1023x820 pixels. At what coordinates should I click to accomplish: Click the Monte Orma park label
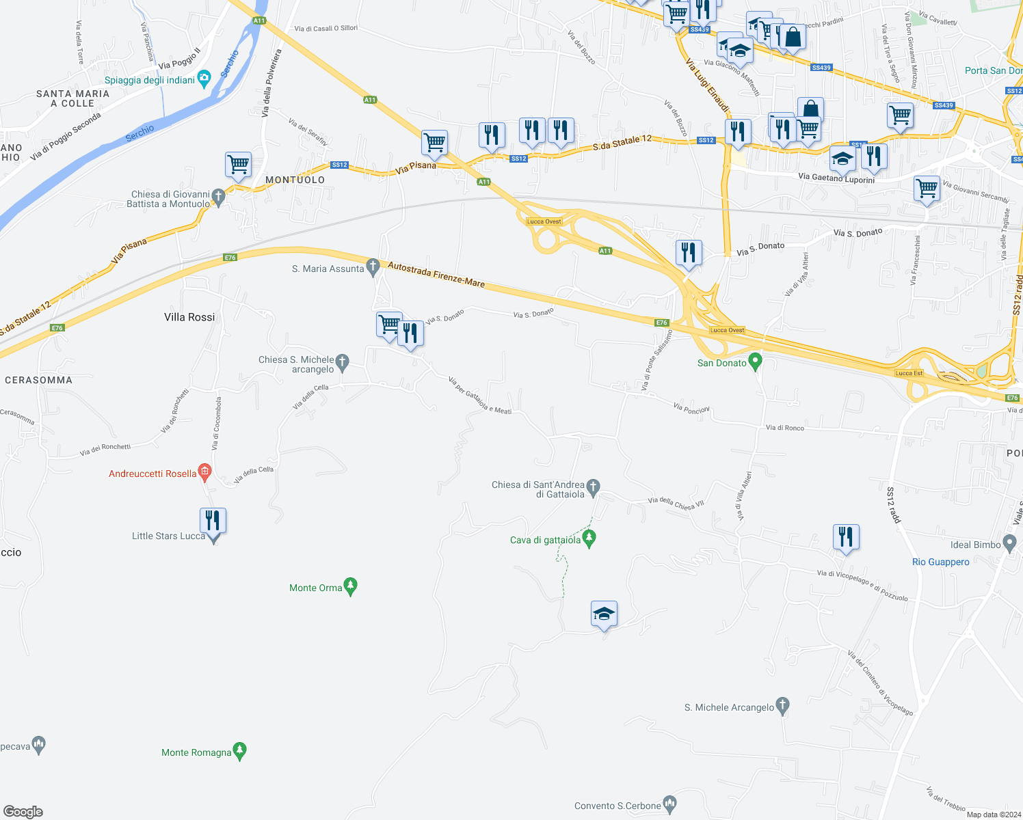(x=316, y=588)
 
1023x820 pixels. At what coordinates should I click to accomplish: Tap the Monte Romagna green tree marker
(x=239, y=752)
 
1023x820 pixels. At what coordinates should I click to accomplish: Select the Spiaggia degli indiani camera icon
(x=204, y=79)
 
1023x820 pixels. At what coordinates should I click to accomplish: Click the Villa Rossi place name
(x=189, y=317)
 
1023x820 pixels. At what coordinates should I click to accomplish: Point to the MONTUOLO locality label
(x=295, y=180)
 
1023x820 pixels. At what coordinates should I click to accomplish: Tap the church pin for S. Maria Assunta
(x=373, y=267)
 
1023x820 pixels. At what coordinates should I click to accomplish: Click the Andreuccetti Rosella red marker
(x=204, y=472)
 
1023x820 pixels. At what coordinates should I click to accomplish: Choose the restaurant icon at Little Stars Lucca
(x=213, y=521)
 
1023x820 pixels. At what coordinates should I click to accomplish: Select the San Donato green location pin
(x=755, y=361)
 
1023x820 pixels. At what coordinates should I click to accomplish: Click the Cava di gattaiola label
(x=545, y=540)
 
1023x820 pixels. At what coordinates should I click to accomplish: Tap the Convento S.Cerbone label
(x=617, y=806)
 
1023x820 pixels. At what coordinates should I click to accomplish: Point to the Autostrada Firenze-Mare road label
(x=436, y=273)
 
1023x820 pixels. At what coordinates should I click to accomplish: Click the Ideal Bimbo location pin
(x=1009, y=544)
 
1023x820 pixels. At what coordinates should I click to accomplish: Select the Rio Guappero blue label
(x=940, y=562)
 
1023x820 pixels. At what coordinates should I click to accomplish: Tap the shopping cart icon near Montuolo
(x=238, y=165)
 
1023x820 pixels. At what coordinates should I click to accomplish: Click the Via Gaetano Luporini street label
(x=836, y=178)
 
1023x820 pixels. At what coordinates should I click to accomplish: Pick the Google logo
(x=23, y=811)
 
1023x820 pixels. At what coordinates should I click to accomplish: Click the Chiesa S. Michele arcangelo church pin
(x=343, y=361)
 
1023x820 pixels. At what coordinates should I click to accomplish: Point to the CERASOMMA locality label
(x=38, y=380)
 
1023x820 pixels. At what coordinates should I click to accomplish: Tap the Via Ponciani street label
(x=691, y=409)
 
